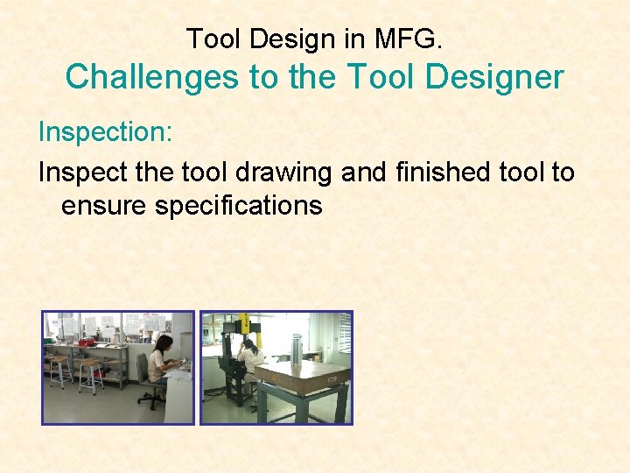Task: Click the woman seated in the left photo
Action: [162, 364]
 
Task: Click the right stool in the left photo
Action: [90, 375]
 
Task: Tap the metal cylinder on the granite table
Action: [297, 352]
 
